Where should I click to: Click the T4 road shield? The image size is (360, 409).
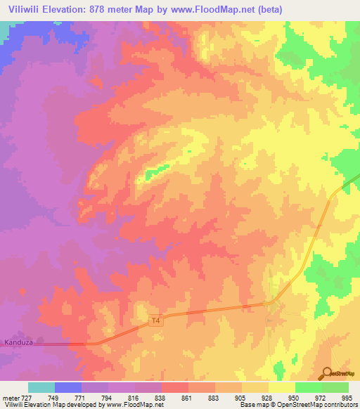click(156, 321)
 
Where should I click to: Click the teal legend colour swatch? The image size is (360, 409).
click(41, 387)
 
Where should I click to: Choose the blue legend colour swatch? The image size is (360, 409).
click(68, 387)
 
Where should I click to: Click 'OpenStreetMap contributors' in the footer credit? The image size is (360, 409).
click(321, 404)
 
